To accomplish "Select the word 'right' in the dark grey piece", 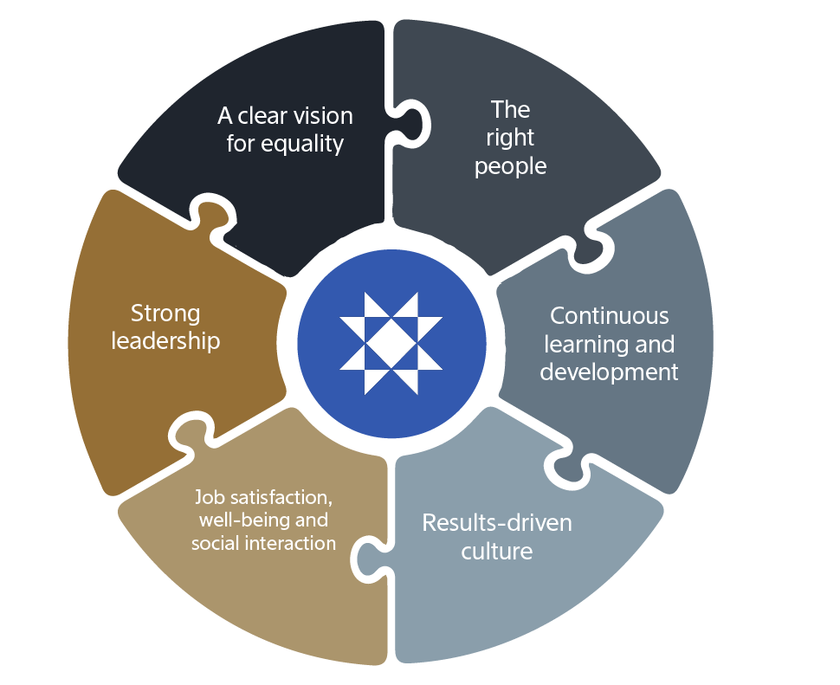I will point(510,138).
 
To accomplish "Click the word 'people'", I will point(510,166).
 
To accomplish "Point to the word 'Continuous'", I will point(610,315).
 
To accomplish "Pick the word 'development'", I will point(610,372).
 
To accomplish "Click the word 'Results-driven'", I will point(497,523).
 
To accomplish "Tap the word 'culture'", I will point(497,551).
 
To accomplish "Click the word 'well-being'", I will point(251,520).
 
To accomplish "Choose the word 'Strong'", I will point(165,313).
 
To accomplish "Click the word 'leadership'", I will point(165,340).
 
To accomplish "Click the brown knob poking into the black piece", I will point(209,216).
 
